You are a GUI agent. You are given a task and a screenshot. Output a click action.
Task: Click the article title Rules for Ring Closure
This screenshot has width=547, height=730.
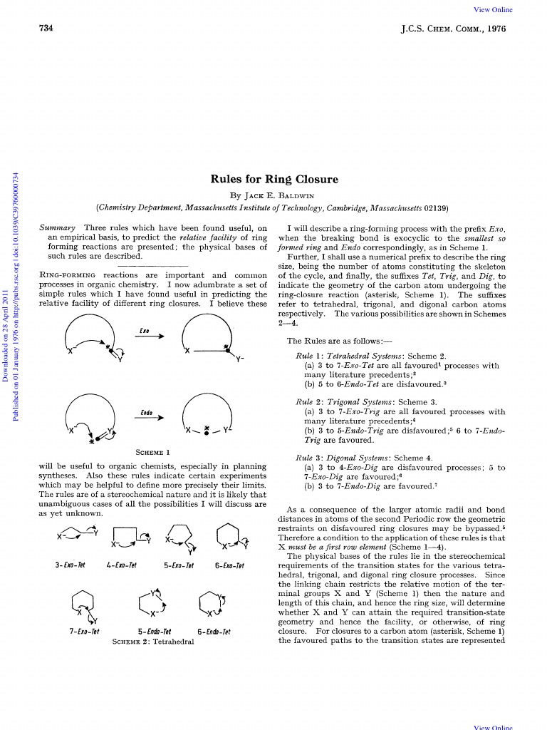(273, 179)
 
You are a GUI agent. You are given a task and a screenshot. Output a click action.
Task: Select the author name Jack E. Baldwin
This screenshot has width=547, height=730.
(273, 194)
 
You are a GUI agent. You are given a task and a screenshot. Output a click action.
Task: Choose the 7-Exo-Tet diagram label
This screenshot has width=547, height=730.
(84, 631)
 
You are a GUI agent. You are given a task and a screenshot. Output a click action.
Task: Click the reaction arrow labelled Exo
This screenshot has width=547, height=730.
(151, 336)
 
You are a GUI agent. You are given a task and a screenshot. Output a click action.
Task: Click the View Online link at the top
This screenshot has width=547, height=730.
(493, 9)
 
